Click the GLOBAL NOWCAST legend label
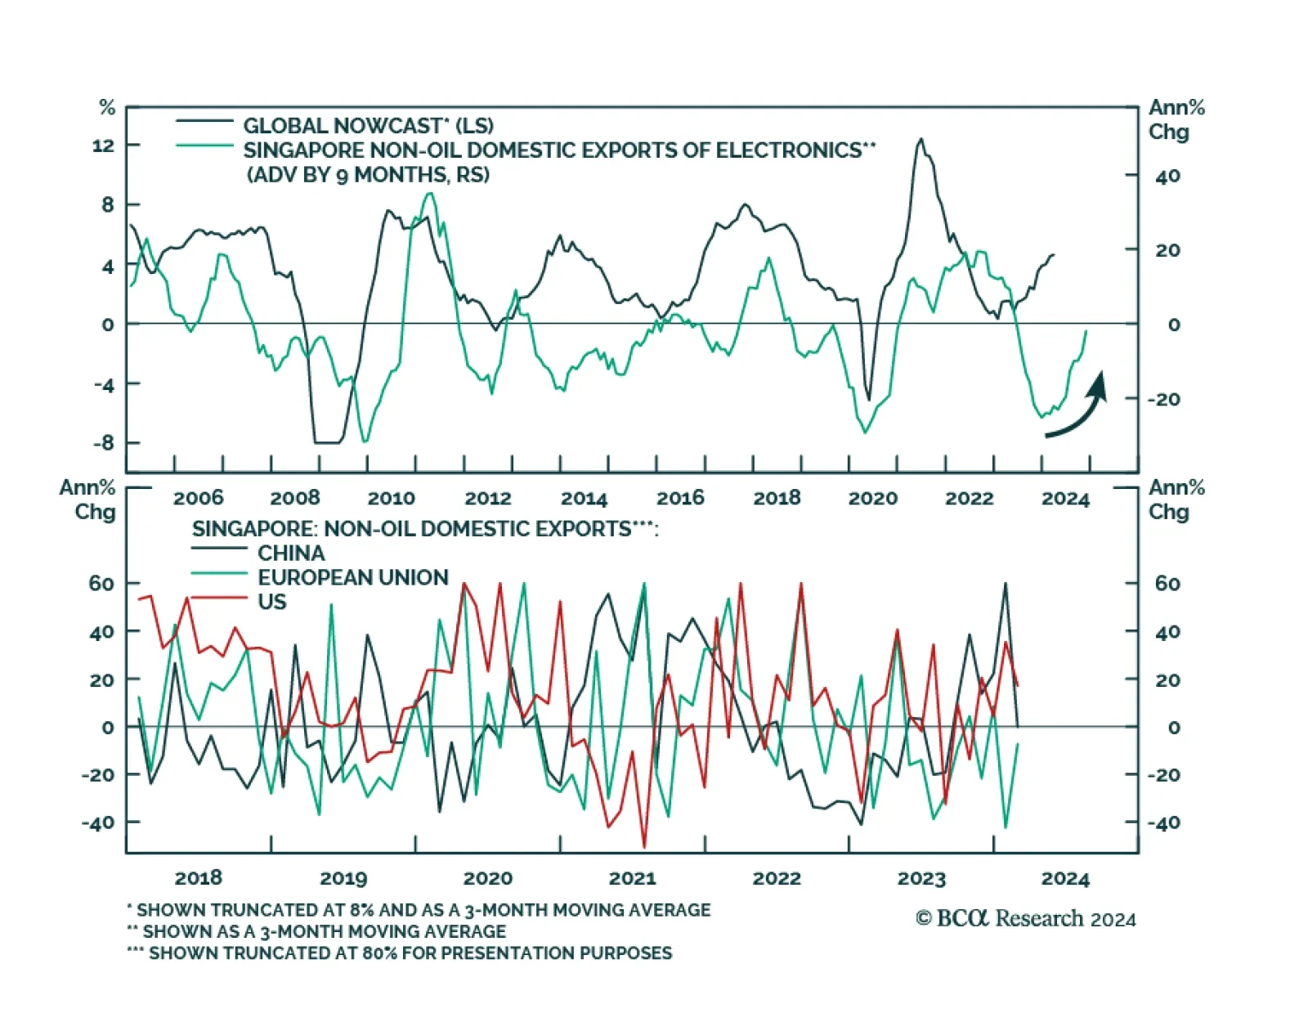coord(368,126)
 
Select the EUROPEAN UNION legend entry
coord(353,577)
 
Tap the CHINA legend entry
coord(291,553)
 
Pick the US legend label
coord(272,602)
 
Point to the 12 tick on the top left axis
coord(104,146)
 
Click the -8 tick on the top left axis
coord(104,443)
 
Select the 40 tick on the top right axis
coord(1167,176)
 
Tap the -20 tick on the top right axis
coord(1164,399)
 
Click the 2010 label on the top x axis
coord(391,498)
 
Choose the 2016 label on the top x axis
coord(680,498)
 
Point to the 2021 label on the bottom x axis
coord(632,878)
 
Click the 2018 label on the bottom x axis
coord(199,878)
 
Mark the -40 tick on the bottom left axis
coord(98,823)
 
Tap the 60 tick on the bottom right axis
coord(1167,584)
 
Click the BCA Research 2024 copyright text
coord(1025,919)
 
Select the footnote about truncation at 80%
coord(400,953)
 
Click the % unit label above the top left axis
coord(107,107)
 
